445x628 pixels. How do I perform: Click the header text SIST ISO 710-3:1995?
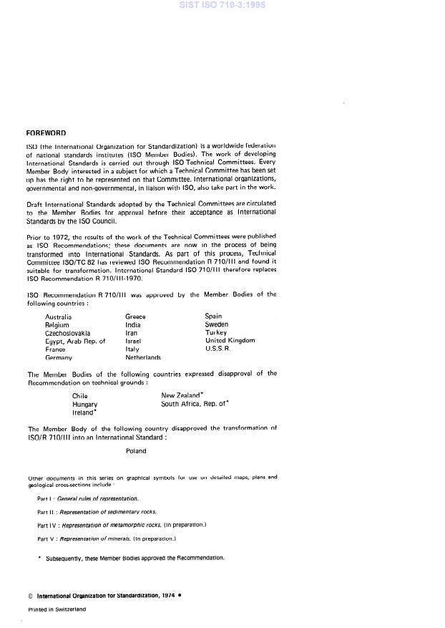[x=222, y=6]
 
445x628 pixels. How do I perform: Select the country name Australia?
[x=58, y=317]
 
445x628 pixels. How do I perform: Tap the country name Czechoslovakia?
[x=68, y=333]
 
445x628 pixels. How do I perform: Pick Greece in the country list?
[x=135, y=317]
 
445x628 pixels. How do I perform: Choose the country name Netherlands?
[x=143, y=357]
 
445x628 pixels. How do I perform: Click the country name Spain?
[x=213, y=316]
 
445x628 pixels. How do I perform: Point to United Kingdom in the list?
[x=230, y=341]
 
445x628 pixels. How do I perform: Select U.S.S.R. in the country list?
[x=217, y=349]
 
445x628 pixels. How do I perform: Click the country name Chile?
[x=80, y=395]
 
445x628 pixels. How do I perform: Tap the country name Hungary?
[x=85, y=405]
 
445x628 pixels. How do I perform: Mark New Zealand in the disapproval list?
[x=182, y=395]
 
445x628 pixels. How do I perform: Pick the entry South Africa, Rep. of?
[x=195, y=405]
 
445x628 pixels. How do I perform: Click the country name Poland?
[x=136, y=451]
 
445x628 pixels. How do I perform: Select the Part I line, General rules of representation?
[x=87, y=498]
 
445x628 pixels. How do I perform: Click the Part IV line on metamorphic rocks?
[x=122, y=525]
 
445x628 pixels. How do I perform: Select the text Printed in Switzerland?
[x=57, y=609]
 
